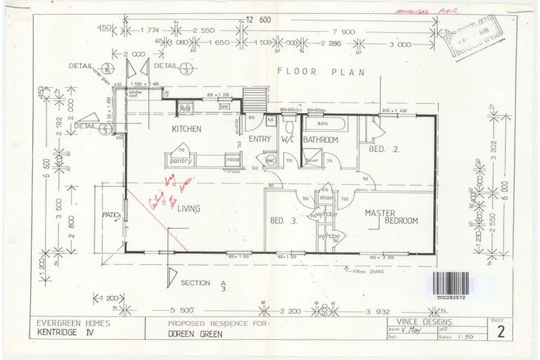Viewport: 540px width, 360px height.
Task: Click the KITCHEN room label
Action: pyautogui.click(x=187, y=129)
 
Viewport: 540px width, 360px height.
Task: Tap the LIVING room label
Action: pyautogui.click(x=188, y=208)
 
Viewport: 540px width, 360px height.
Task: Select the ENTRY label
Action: pyautogui.click(x=260, y=139)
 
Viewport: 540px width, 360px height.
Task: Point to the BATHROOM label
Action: pyautogui.click(x=321, y=140)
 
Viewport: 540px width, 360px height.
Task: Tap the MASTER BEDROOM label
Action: pyautogui.click(x=390, y=217)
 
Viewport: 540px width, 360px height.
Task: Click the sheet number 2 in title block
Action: pyautogui.click(x=501, y=333)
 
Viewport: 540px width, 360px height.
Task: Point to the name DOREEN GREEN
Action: pyautogui.click(x=195, y=334)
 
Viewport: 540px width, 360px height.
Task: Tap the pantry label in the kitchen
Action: pyautogui.click(x=181, y=160)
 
